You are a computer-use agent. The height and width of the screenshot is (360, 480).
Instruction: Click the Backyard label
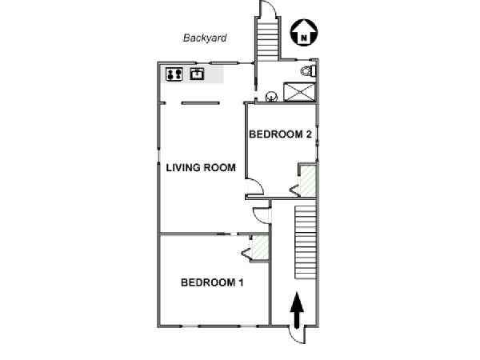[205, 38]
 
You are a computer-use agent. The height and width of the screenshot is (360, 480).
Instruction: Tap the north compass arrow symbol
[304, 33]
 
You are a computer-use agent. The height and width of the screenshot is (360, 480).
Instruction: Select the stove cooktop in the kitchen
[174, 74]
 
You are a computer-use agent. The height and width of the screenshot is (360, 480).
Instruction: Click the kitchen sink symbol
[197, 74]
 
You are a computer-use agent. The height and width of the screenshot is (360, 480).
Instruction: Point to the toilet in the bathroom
[308, 71]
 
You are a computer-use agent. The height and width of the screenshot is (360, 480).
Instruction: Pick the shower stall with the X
[299, 92]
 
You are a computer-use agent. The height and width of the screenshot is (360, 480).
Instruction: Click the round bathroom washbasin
[271, 97]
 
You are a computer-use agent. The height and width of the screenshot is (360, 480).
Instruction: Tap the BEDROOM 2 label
[280, 134]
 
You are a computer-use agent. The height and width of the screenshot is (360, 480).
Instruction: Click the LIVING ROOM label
[201, 167]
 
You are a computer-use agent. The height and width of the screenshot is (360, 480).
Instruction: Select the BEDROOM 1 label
[212, 282]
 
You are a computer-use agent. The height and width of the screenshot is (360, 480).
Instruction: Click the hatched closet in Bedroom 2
[308, 181]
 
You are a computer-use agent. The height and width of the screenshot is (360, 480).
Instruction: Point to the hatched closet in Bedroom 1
[259, 247]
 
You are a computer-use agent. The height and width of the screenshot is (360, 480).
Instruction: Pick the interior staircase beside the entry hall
[306, 242]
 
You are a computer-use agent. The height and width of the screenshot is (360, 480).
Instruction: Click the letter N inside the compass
[304, 38]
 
